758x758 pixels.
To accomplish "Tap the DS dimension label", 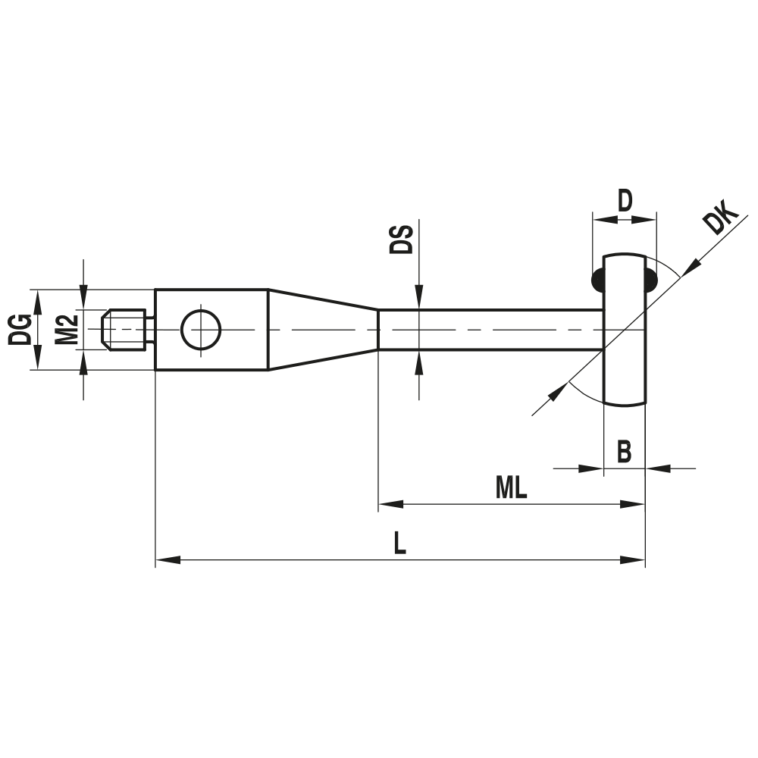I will [x=401, y=240].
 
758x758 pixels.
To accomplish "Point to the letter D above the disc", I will [x=624, y=202].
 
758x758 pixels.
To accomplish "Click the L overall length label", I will [x=400, y=544].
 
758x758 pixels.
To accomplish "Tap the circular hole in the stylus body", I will [x=201, y=330].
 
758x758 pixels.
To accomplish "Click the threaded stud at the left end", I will [x=125, y=330].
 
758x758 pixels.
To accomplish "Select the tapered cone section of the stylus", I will [x=322, y=330].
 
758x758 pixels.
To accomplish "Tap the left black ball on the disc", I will [x=599, y=280].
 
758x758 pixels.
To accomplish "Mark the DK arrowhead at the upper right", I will [x=690, y=267].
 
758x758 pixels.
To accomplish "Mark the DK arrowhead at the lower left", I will [x=558, y=393].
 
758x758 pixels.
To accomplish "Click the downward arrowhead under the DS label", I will [x=417, y=300].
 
